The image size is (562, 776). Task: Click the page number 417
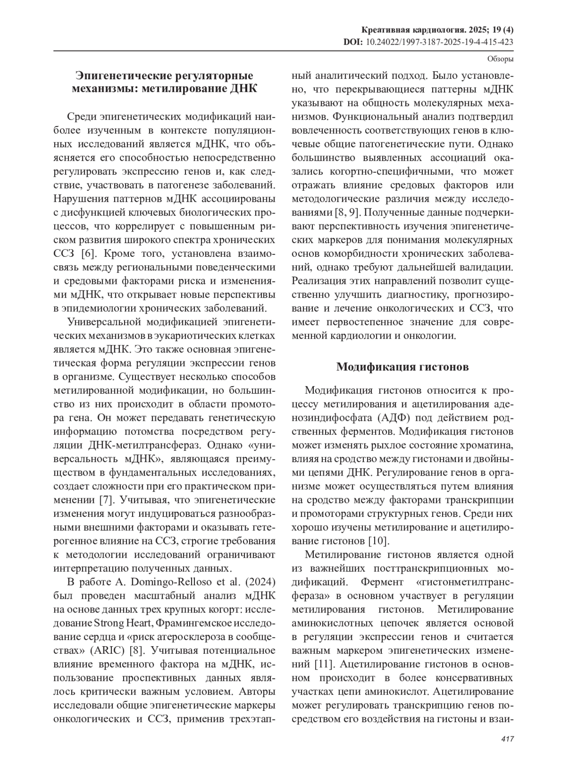[x=507, y=739]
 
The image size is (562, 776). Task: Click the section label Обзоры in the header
[x=500, y=60]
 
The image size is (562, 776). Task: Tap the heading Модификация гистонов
[x=402, y=367]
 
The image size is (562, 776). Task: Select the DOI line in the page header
[x=428, y=42]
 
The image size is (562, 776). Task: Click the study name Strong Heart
[x=123, y=623]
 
